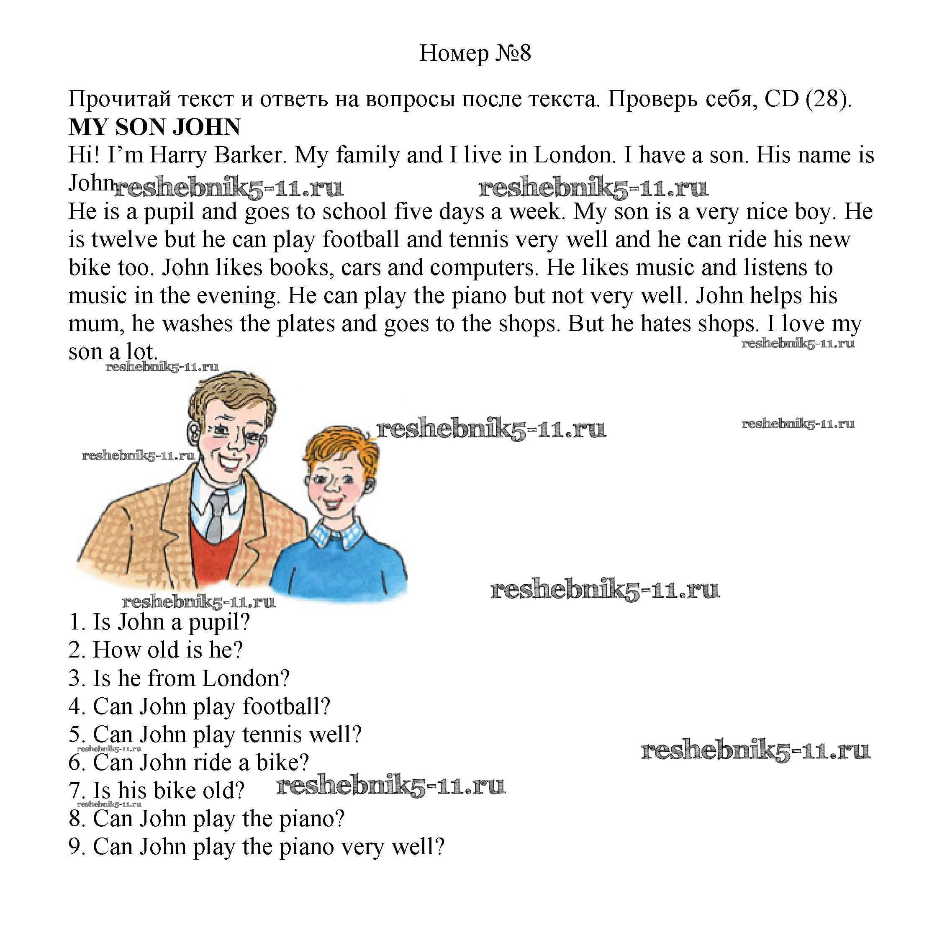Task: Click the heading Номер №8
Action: (475, 54)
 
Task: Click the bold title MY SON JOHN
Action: (154, 127)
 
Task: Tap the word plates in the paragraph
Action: (305, 324)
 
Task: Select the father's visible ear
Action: (193, 429)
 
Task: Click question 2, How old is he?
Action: (156, 650)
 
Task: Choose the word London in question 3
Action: (245, 678)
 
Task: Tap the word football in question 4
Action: (286, 706)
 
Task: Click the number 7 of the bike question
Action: (76, 791)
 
